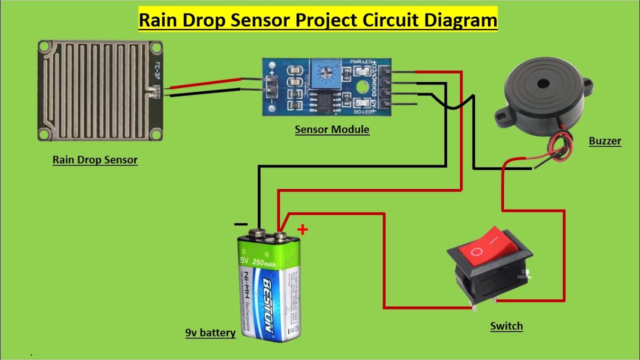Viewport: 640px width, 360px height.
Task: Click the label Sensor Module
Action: (332, 129)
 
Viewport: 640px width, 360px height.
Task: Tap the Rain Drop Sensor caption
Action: (95, 160)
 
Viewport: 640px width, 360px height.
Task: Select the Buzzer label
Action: (604, 141)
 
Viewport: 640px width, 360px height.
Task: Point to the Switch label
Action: (506, 326)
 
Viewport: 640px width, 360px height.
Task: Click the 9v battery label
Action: (210, 333)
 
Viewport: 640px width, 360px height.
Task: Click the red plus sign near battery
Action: (302, 229)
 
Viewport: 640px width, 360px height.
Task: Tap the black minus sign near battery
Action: (240, 225)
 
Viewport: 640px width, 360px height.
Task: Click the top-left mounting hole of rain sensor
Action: (44, 48)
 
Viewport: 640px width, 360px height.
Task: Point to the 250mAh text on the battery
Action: (265, 260)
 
